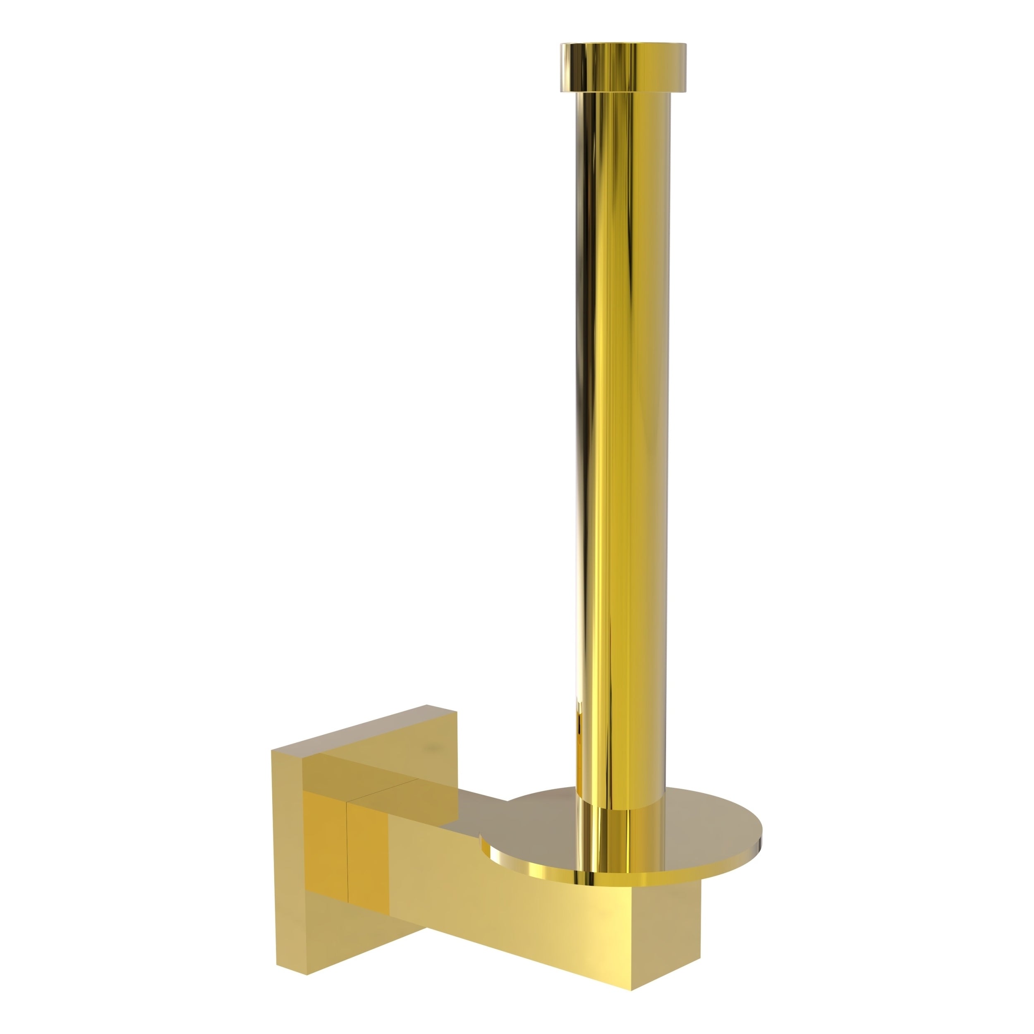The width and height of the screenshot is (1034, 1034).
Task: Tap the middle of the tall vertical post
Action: pos(622,428)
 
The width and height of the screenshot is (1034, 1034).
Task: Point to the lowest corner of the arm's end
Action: pos(632,990)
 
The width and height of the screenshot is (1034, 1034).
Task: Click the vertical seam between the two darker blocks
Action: pos(347,851)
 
